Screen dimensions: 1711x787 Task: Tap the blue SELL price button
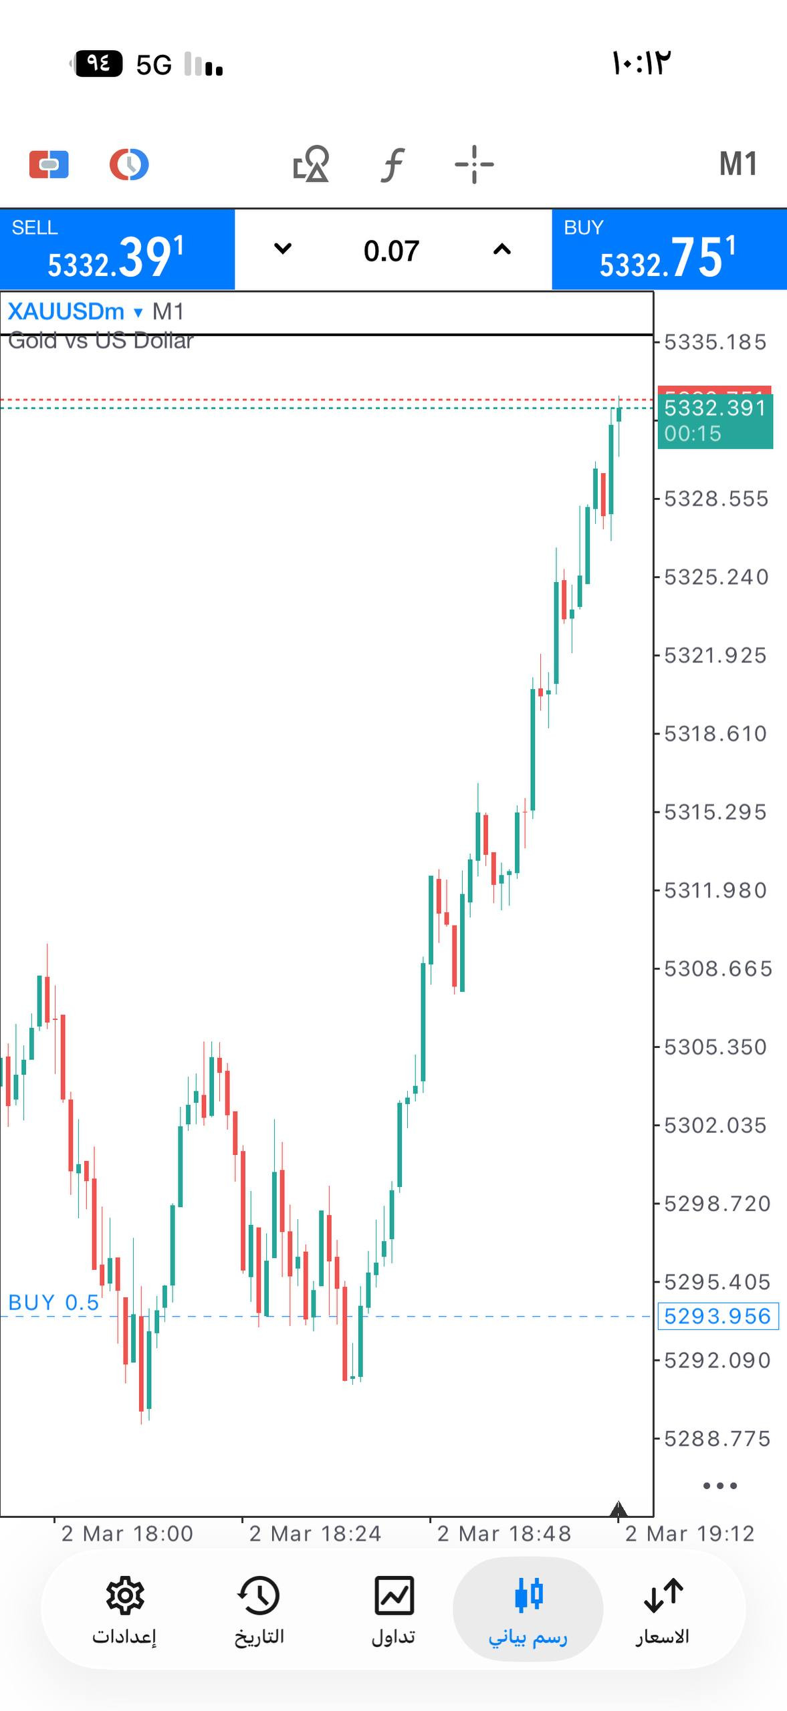(x=117, y=250)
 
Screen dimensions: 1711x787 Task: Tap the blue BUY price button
(x=669, y=250)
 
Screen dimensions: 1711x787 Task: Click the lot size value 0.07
(x=392, y=251)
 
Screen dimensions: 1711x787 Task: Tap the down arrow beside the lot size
(x=283, y=249)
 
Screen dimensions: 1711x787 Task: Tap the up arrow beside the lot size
(x=501, y=249)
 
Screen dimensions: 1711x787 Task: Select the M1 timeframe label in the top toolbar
(x=738, y=164)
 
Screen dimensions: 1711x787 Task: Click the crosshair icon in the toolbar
(x=474, y=164)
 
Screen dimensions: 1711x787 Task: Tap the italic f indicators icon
(x=393, y=164)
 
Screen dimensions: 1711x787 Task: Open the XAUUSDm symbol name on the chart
(x=66, y=311)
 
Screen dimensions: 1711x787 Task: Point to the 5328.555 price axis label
(x=715, y=499)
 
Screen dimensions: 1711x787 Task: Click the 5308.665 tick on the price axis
(x=717, y=968)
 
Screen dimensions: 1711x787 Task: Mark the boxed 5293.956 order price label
(x=717, y=1316)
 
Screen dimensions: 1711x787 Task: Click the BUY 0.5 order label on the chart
(x=53, y=1302)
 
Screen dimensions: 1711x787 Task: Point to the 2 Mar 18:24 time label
(x=315, y=1533)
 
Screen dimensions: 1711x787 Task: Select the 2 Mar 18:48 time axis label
(x=504, y=1533)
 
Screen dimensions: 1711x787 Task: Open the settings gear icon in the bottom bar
(x=124, y=1597)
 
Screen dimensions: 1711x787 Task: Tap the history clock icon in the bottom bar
(x=259, y=1597)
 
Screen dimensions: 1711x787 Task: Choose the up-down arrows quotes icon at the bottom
(x=663, y=1597)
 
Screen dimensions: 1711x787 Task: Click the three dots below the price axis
(x=720, y=1486)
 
